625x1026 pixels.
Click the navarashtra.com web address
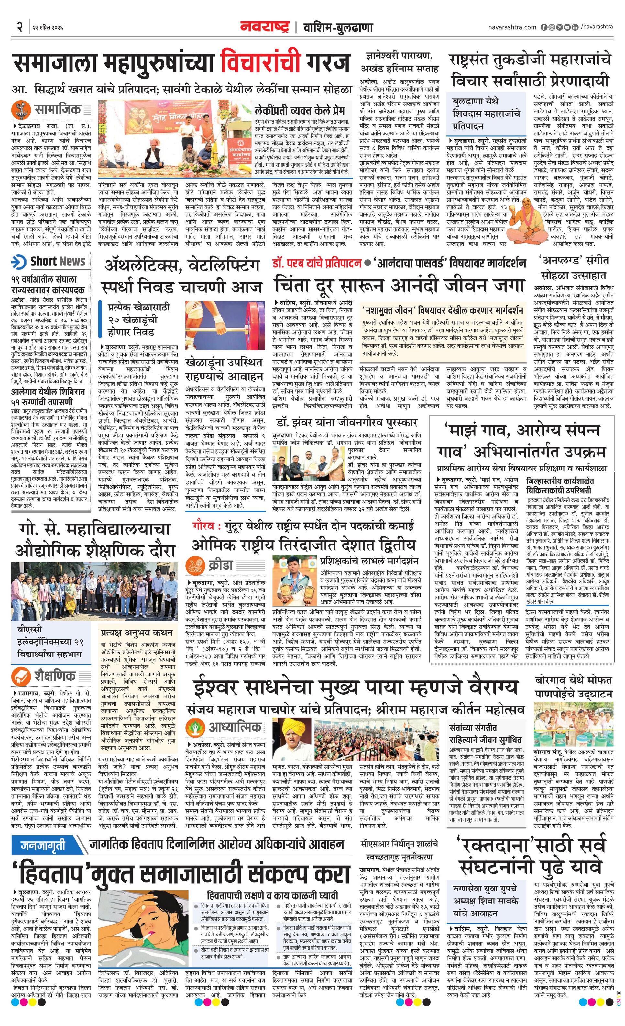pos(512,27)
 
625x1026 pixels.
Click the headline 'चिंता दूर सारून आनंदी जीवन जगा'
pos(399,285)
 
